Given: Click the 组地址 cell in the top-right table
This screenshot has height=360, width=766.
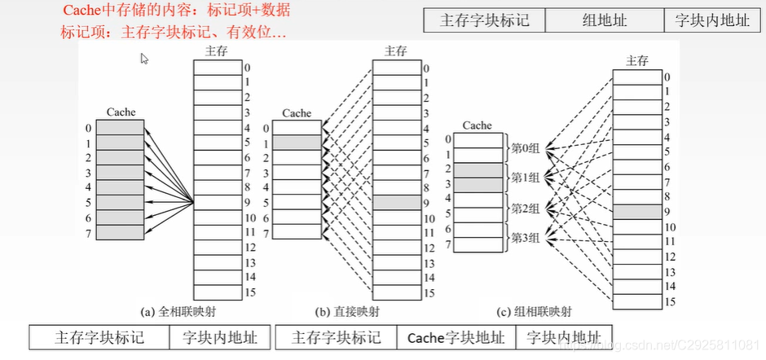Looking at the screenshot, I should point(603,20).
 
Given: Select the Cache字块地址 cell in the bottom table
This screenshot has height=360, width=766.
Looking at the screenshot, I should point(456,337).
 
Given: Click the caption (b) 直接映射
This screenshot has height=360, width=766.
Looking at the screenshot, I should point(348,311).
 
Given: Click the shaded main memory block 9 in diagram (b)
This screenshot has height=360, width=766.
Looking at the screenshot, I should point(395,203).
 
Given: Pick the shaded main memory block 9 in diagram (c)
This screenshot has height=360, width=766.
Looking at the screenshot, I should point(636,211).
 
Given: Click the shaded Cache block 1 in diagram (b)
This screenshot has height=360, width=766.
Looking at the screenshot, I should point(297,143).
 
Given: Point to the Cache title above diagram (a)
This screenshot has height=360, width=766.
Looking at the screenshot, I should point(121,112).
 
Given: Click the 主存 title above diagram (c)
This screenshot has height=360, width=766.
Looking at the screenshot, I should point(637,61).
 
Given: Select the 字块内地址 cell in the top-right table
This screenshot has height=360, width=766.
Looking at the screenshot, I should point(713,20).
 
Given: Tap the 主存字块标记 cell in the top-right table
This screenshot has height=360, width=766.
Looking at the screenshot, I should point(484,20).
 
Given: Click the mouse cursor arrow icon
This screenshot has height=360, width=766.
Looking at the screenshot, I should point(144,59).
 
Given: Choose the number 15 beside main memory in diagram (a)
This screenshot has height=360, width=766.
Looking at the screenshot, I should point(250,292).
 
